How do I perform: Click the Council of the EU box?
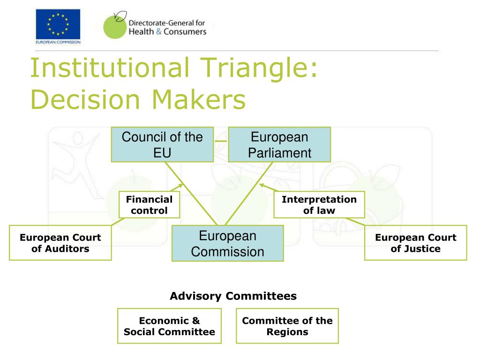coord(162,144)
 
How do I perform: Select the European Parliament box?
coord(279,144)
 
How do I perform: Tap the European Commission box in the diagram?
coord(227,243)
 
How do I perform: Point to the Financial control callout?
coord(149,205)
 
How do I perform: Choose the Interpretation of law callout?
coord(319,205)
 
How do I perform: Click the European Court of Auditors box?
coord(60,243)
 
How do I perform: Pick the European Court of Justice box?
coord(415,243)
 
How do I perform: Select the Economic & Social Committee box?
coord(169,326)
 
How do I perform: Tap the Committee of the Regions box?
coord(287,326)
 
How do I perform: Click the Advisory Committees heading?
coord(233,296)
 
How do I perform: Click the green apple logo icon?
coord(113,26)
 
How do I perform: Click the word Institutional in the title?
coord(111,67)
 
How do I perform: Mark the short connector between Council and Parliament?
coord(221,141)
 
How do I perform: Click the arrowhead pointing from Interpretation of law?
coord(262,185)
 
